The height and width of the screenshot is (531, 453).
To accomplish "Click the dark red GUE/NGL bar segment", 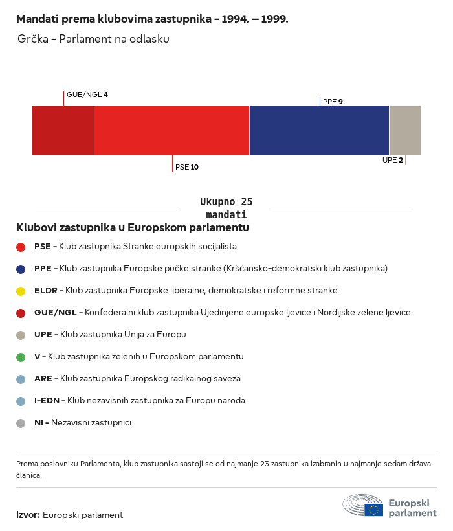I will pos(63,131).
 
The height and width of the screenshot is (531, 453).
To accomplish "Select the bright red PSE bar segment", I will pos(171,131).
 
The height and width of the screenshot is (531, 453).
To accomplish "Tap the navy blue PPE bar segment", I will pos(319,131).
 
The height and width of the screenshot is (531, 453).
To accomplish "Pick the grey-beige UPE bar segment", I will pos(404,131).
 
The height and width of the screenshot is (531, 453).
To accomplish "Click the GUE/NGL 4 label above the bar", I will pos(87,95).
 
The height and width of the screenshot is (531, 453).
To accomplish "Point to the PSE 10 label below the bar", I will pos(187,167).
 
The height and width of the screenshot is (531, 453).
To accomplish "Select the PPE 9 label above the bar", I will pos(333,102).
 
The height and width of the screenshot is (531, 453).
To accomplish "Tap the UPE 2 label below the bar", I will pos(392,160).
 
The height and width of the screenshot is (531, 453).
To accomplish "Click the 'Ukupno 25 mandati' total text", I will pos(226,208).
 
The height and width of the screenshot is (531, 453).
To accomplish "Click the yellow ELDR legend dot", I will pos(21,291).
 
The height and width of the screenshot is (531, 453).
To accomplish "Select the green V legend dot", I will pos(21,357).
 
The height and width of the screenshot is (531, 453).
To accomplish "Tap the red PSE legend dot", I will pos(21,247).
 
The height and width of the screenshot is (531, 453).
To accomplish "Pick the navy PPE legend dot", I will pos(21,269).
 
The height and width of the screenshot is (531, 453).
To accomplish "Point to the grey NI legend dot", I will pos(21,423).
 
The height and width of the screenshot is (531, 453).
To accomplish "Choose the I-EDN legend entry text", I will pos(140,401).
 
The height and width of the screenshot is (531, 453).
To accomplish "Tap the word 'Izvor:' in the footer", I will pos(28,515).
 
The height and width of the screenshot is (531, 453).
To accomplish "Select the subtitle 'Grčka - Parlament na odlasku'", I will pos(94,40).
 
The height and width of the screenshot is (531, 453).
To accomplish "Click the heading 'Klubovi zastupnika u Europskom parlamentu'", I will pos(133,227).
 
